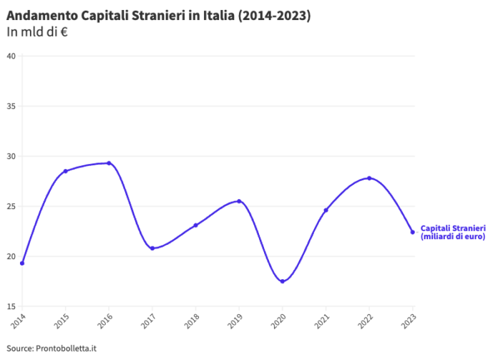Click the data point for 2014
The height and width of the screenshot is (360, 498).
pyautogui.click(x=22, y=263)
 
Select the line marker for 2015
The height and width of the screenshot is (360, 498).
pyautogui.click(x=65, y=171)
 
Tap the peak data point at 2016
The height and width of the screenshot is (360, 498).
pyautogui.click(x=109, y=163)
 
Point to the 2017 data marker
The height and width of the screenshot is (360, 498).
pyautogui.click(x=152, y=248)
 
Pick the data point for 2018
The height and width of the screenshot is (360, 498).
pyautogui.click(x=195, y=225)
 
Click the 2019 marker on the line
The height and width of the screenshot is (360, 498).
pyautogui.click(x=239, y=201)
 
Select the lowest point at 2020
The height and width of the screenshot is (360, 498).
pyautogui.click(x=283, y=281)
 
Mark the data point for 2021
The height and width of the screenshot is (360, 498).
pyautogui.click(x=326, y=210)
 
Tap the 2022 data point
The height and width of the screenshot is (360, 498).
pyautogui.click(x=369, y=178)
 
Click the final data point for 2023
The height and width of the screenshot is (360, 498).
pyautogui.click(x=412, y=232)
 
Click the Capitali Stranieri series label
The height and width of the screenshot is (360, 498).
pyautogui.click(x=453, y=232)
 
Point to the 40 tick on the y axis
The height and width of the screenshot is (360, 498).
pyautogui.click(x=11, y=56)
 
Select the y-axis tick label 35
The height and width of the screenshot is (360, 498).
pyautogui.click(x=11, y=106)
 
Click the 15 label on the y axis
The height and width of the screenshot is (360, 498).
pyautogui.click(x=11, y=306)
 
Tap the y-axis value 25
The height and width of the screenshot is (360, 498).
pyautogui.click(x=11, y=206)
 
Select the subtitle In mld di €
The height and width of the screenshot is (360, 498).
pyautogui.click(x=36, y=31)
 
